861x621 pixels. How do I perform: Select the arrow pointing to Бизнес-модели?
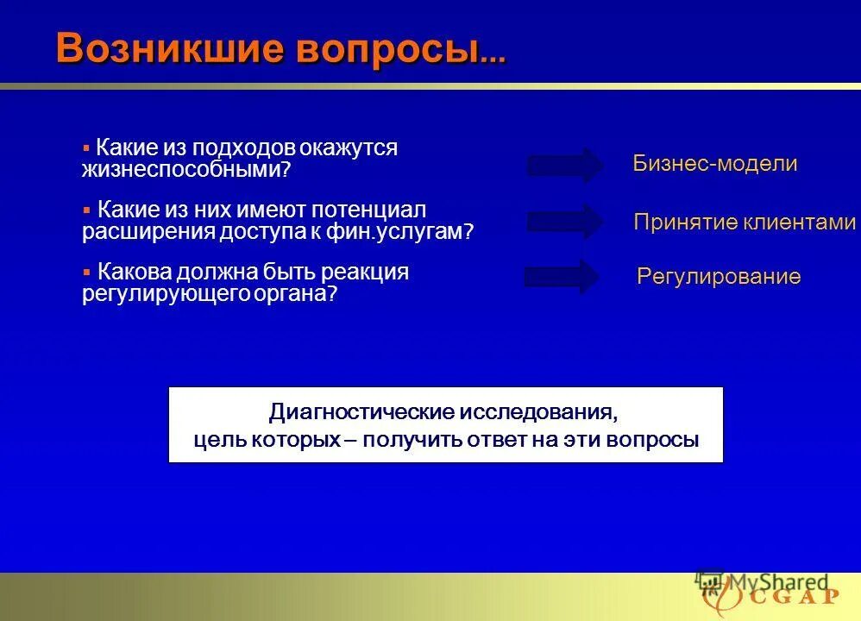coord(565,165)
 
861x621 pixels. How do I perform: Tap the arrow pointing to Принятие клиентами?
coord(565,222)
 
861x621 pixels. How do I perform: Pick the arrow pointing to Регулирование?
coord(562,277)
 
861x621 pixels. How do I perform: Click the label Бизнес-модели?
coord(714,164)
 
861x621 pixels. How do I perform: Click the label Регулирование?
coord(719,277)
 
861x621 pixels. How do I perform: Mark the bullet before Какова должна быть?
coord(86,272)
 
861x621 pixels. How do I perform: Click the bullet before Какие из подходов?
coord(86,148)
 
